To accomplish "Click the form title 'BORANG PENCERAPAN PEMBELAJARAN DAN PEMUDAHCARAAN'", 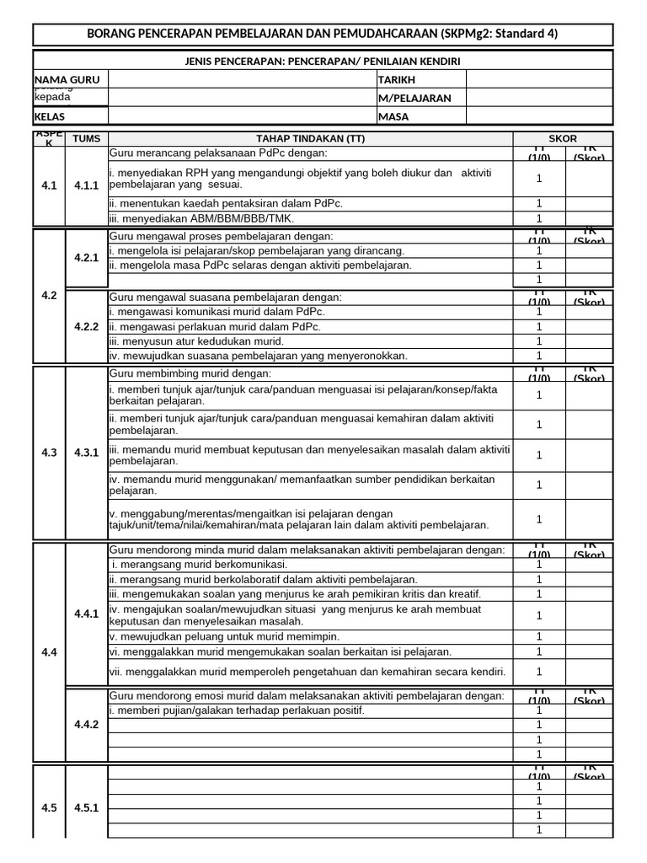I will (323, 34).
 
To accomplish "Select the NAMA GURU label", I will (67, 79).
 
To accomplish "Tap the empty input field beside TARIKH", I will (539, 79).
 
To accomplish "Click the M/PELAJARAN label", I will (414, 98).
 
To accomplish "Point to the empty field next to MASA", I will (539, 117).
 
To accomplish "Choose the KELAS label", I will (49, 117).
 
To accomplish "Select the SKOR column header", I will (563, 139).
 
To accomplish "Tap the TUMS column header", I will (86, 139).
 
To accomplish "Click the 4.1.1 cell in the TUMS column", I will (86, 186).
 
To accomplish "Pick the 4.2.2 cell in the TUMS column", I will (86, 326).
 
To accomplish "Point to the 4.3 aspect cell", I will (49, 453).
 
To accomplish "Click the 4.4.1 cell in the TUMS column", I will (86, 614).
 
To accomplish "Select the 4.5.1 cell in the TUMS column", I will (86, 808).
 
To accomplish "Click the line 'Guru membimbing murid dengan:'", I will (190, 373).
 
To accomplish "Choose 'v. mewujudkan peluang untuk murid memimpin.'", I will (225, 636).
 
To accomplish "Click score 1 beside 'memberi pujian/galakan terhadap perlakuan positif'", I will (539, 710).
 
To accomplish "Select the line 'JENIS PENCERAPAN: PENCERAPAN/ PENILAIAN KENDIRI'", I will (323, 62).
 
